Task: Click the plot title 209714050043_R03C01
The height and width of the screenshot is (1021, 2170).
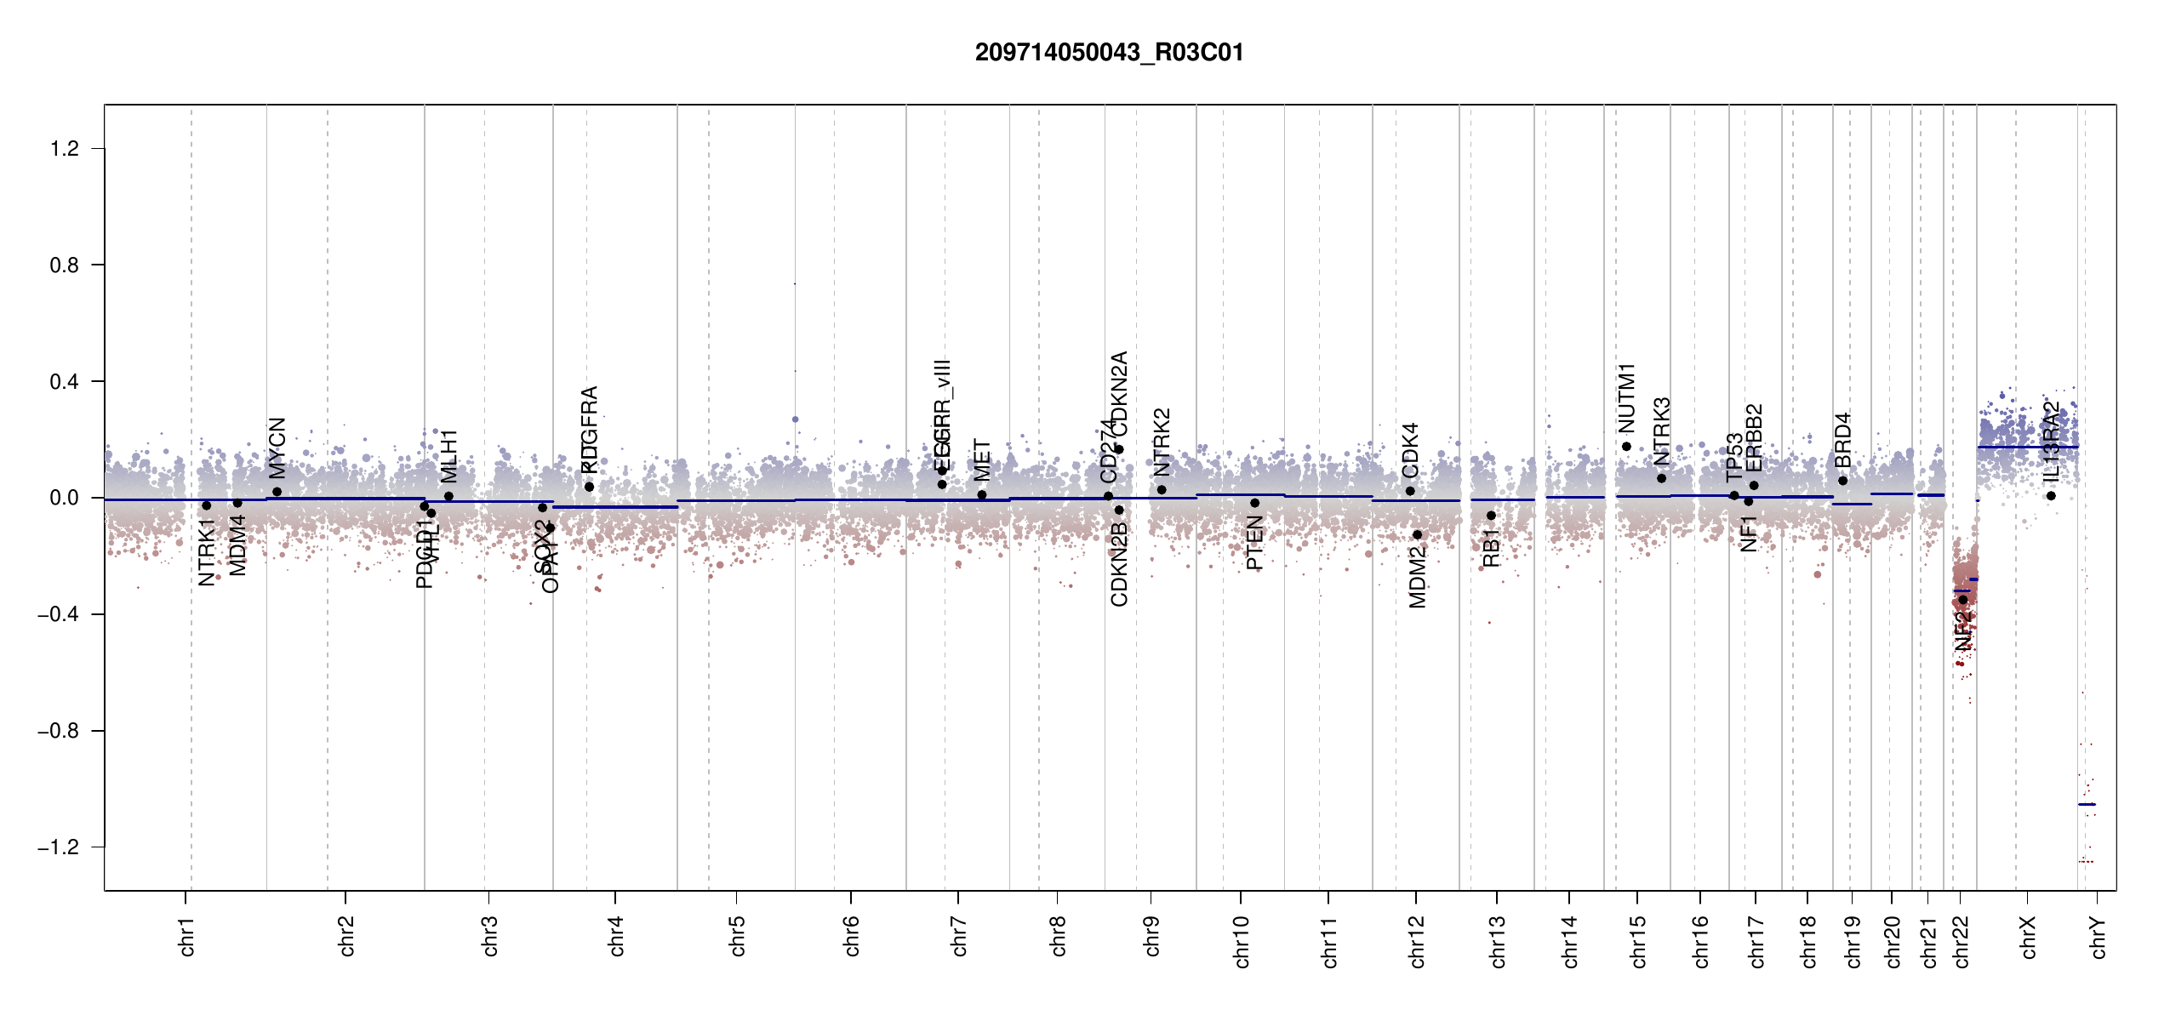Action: click(1109, 53)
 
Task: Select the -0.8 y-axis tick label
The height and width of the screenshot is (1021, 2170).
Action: click(58, 731)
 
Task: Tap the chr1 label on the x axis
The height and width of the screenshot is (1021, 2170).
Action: click(187, 936)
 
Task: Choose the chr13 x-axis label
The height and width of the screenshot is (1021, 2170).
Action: click(1498, 941)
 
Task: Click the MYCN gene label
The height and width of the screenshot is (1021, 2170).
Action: click(277, 448)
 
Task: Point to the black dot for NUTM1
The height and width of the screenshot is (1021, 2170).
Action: click(1626, 447)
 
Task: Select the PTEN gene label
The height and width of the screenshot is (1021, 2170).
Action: click(1254, 544)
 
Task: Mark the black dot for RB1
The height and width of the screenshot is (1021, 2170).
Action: click(1491, 516)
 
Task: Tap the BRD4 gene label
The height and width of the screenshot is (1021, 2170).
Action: click(1843, 440)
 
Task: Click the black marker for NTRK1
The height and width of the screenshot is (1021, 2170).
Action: click(206, 505)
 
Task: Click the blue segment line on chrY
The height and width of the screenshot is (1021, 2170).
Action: click(2087, 804)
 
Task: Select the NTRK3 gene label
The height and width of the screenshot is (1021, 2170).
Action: click(1662, 431)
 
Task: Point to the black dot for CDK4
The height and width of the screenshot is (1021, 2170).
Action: click(1410, 491)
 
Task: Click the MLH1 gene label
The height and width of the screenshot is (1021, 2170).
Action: click(449, 456)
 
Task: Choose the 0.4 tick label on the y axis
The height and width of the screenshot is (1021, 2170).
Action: click(65, 382)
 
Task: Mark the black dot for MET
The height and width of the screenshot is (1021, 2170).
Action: click(982, 494)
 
